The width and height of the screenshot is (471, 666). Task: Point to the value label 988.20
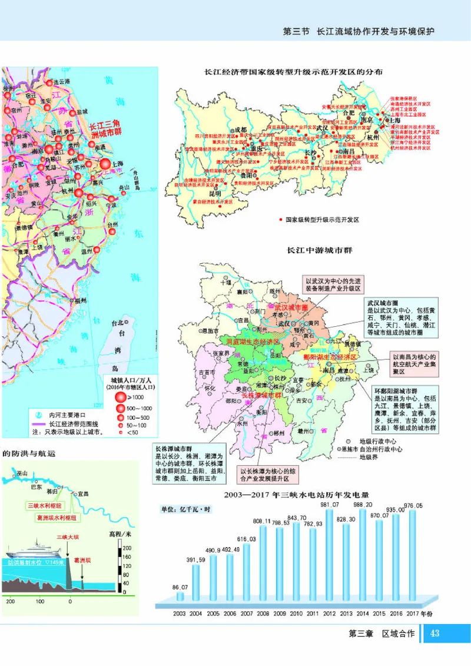pos(362,505)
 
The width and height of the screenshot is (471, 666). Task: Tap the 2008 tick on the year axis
pos(263,614)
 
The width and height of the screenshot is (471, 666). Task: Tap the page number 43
pos(436,633)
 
